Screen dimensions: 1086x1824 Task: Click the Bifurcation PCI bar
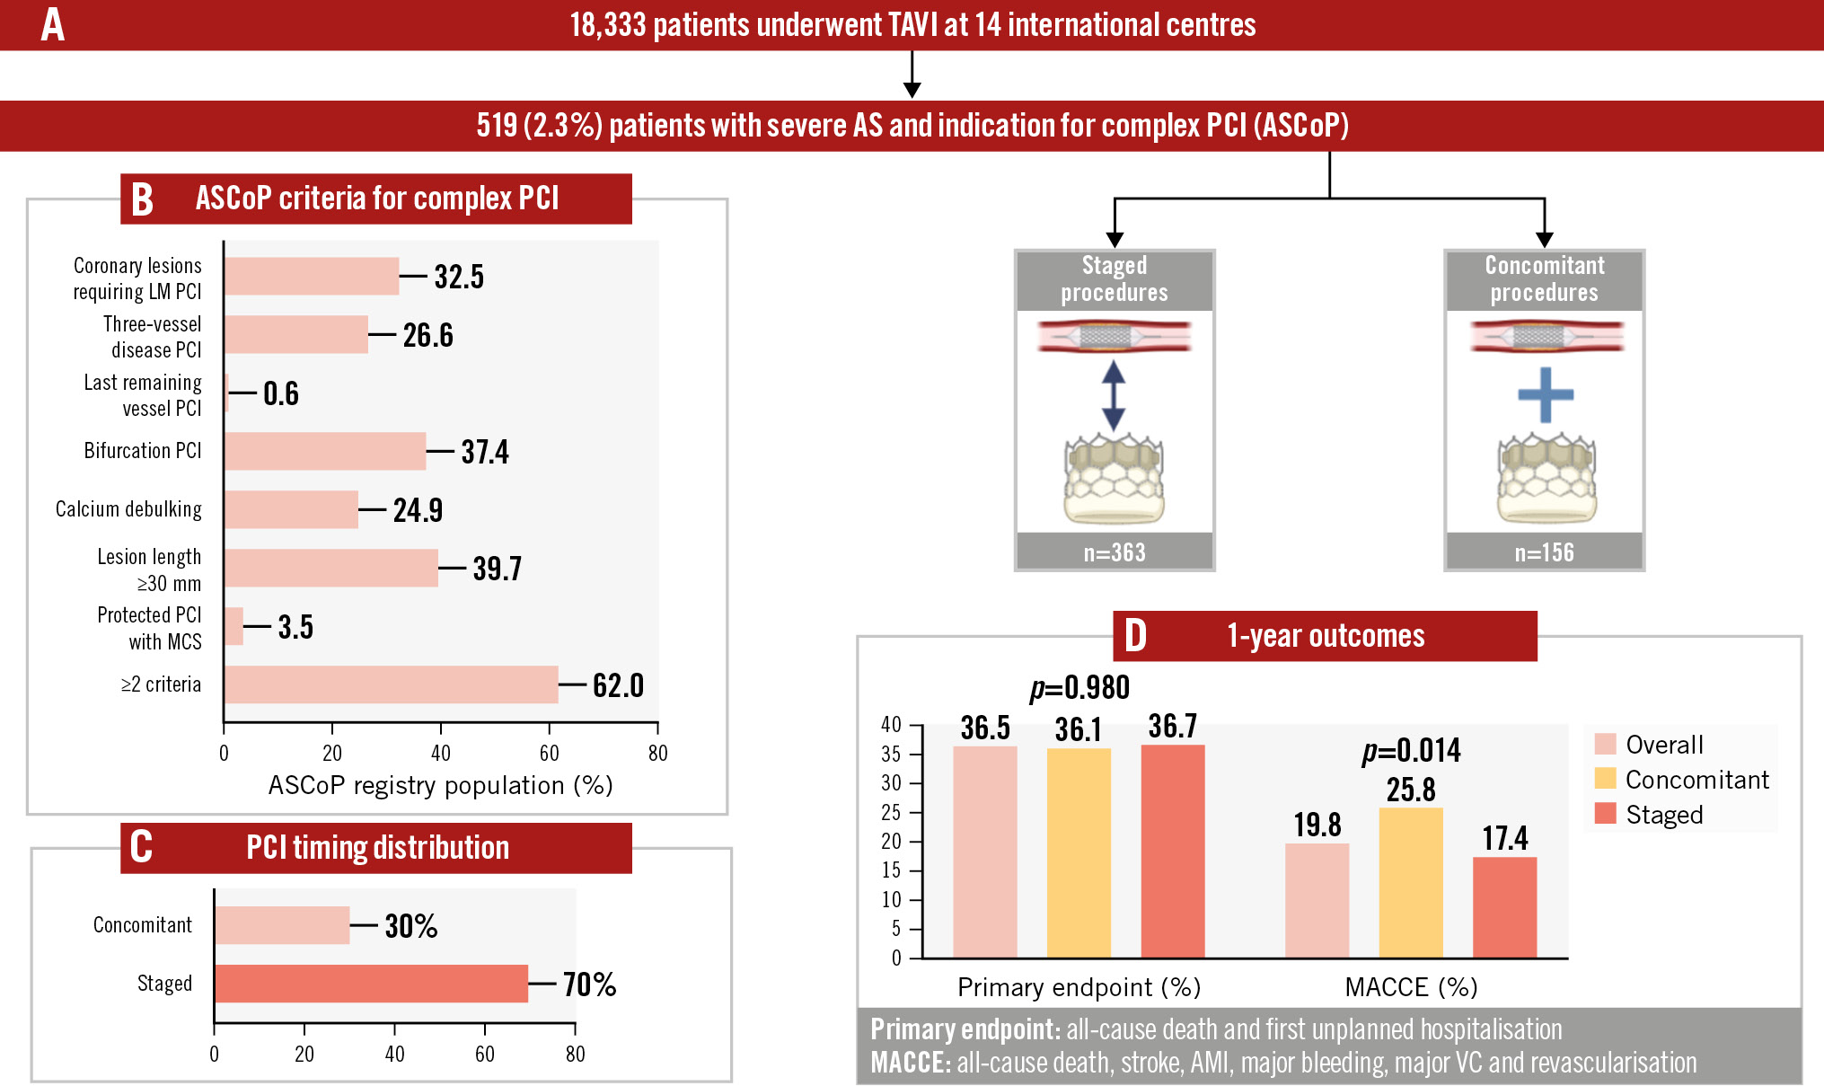[x=325, y=451]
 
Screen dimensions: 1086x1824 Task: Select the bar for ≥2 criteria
[x=392, y=684]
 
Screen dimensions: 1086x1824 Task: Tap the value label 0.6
[x=280, y=393]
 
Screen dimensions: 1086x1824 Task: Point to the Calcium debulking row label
[x=128, y=509]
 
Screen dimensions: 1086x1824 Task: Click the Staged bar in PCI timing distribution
[x=371, y=984]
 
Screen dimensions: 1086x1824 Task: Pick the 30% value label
[x=410, y=926]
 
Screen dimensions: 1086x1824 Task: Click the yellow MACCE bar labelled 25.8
[x=1411, y=882]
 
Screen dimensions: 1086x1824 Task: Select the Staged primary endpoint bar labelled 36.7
[x=1172, y=851]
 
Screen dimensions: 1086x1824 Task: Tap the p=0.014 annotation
[x=1411, y=750]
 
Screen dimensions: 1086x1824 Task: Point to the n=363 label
[x=1115, y=552]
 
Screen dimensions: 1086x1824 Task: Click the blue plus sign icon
[x=1545, y=394]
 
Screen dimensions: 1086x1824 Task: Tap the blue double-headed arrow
[x=1114, y=395]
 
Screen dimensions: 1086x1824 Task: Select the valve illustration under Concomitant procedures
[x=1545, y=478]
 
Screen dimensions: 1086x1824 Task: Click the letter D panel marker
[x=1136, y=636]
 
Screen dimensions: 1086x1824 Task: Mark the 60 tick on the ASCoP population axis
[x=549, y=753]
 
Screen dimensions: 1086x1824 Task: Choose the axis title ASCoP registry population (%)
[x=440, y=786]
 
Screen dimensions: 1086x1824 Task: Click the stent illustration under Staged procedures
[x=1114, y=337]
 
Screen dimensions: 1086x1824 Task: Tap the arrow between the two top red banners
[x=912, y=75]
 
